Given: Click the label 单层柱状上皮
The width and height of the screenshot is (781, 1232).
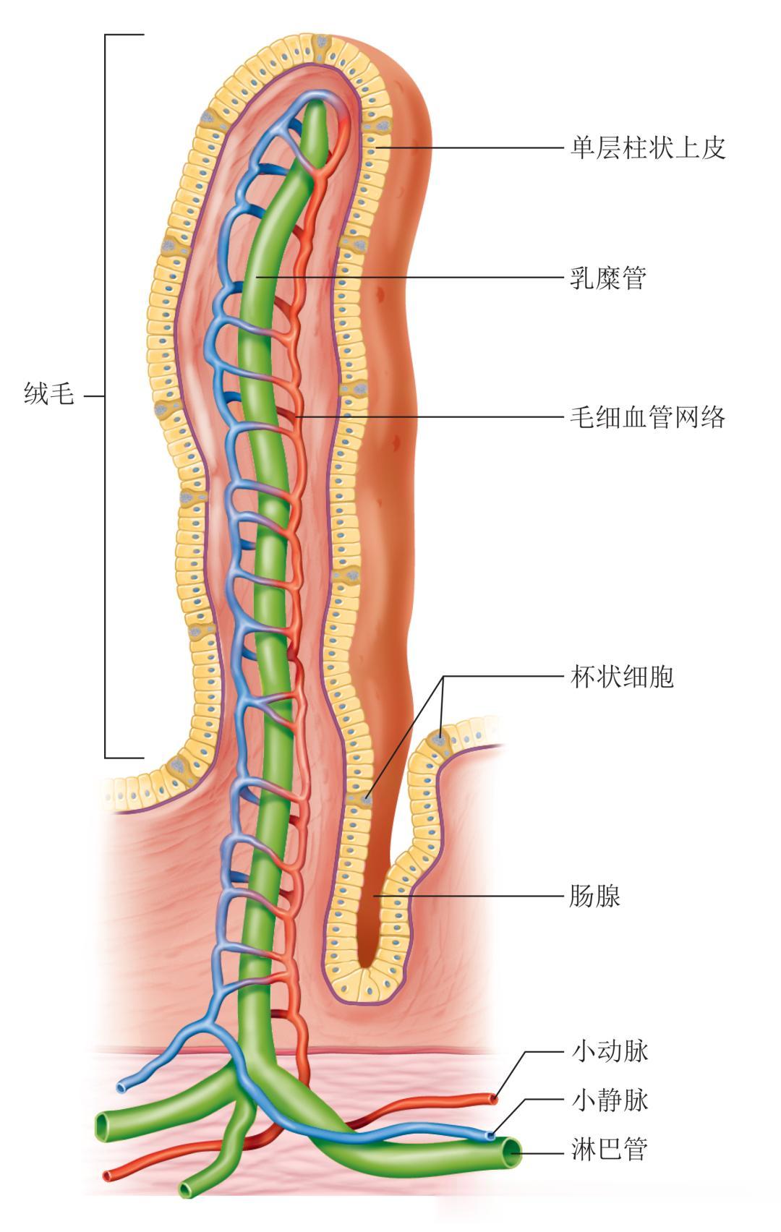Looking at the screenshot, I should coord(647,148).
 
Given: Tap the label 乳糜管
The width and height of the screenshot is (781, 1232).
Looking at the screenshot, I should coord(608,278).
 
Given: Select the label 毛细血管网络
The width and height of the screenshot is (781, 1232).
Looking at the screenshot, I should coord(647,417).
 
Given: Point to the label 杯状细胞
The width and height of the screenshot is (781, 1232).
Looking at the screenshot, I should coord(622,677).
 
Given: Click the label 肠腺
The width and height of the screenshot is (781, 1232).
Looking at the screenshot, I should coord(595,897).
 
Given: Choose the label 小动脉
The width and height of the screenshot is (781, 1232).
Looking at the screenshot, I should coord(610,1051).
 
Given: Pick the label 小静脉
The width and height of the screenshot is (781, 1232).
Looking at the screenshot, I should coord(610,1100).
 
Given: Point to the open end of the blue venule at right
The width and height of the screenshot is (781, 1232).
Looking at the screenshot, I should coord(492,1136).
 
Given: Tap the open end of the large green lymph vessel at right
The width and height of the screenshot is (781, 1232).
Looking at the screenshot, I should coord(512,1152).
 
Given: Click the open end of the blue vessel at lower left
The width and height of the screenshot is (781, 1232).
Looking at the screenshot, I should coord(121,1087).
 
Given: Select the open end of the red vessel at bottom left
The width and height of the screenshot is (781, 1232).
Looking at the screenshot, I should coord(108,1176).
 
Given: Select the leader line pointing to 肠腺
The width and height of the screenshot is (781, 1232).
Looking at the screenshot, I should coord(470,897).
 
